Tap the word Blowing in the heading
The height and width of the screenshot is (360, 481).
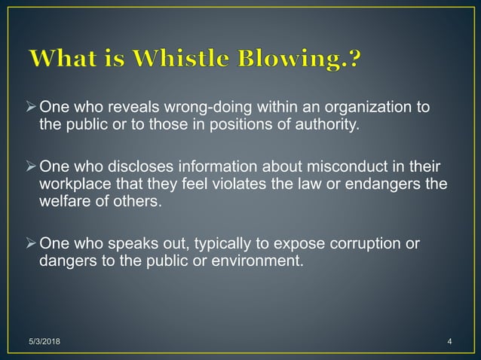click(x=287, y=59)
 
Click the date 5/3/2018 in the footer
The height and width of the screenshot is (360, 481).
click(x=47, y=343)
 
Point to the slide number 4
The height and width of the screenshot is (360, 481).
click(x=449, y=343)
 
